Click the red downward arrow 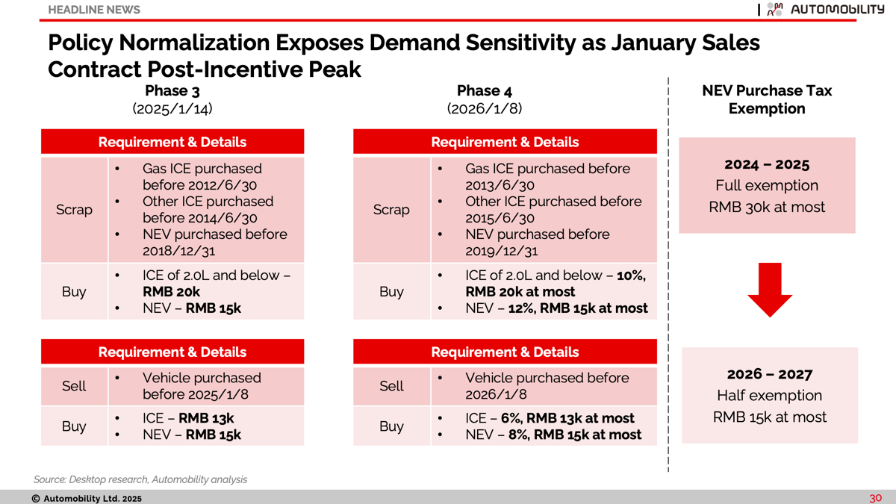click(770, 290)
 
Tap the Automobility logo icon click(775, 9)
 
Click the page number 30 click(875, 498)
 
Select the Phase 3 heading click(172, 91)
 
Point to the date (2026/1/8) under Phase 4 click(485, 108)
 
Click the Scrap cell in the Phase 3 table click(74, 210)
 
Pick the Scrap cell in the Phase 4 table click(391, 210)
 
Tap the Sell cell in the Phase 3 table click(74, 386)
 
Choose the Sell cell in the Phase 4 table click(391, 386)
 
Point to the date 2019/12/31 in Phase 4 click(501, 251)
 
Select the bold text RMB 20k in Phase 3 click(171, 292)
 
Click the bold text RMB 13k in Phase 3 click(206, 418)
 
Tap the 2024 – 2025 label click(767, 164)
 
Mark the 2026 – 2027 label click(770, 374)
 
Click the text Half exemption click(770, 395)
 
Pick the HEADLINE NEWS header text click(94, 10)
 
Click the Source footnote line click(140, 479)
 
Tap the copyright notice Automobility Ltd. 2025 click(87, 499)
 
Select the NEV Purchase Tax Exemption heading click(767, 99)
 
